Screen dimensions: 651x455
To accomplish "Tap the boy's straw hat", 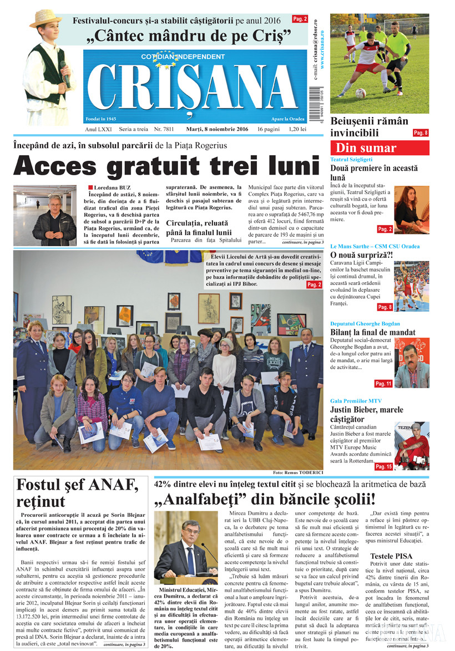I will click(46, 18).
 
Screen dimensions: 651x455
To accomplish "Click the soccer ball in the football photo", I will click(361, 93).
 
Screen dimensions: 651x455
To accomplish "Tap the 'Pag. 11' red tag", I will click(383, 383).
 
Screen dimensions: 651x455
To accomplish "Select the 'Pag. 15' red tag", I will click(383, 467).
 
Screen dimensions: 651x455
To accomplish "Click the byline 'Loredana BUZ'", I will click(114, 187).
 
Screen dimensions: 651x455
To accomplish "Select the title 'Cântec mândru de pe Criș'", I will click(190, 38).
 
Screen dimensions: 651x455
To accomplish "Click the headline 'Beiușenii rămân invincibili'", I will click(369, 127).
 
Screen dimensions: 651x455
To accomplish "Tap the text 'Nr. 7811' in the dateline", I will click(164, 129).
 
